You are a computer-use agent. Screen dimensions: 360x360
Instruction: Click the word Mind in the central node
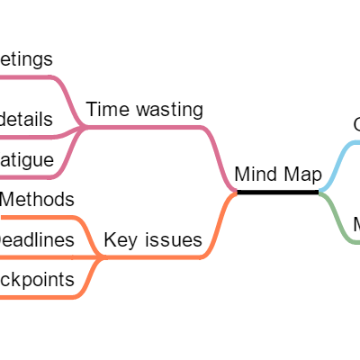[253, 174]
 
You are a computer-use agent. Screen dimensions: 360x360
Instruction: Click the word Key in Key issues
[120, 239]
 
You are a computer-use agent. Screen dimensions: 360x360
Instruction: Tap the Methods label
[37, 199]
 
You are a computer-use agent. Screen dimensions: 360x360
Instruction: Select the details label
[27, 119]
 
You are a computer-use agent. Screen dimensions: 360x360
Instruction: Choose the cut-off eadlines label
[36, 239]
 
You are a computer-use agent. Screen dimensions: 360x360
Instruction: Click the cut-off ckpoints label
[36, 280]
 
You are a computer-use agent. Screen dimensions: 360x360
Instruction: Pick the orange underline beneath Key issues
[153, 257]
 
